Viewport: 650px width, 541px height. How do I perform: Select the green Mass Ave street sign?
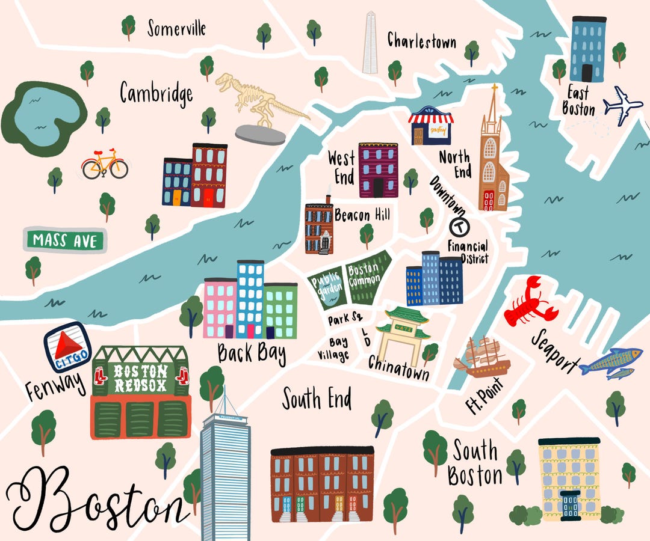pos(64,241)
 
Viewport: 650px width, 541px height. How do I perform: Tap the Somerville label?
pos(176,28)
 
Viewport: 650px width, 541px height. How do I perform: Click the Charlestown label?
pos(421,40)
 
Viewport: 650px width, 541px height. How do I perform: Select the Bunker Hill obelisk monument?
pos(370,43)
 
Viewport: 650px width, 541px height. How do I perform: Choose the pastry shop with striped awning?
pos(431,126)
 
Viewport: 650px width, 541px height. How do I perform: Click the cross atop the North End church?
pos(494,93)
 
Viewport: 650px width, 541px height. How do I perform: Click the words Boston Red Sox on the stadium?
pos(140,379)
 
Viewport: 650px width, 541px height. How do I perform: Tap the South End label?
pos(317,399)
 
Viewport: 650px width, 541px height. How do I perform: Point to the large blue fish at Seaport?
pos(610,360)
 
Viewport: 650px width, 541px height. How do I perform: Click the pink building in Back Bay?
pos(220,307)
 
